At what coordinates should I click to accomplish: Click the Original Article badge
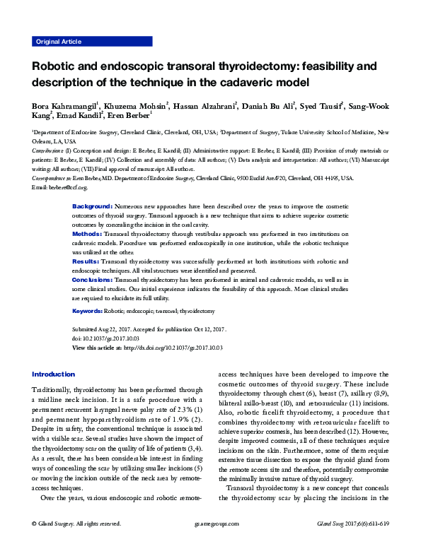[x=59, y=42]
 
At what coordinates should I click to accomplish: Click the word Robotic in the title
[x=59, y=69]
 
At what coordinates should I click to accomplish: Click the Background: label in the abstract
[x=92, y=205]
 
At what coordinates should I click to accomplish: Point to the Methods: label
[x=88, y=232]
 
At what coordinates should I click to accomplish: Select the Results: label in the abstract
[x=86, y=261]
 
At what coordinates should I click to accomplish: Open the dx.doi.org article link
[x=173, y=348]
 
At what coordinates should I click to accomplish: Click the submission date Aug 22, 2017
[x=117, y=329]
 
